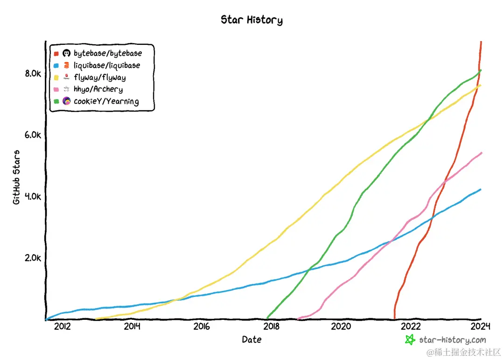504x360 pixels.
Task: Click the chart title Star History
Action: point(252,20)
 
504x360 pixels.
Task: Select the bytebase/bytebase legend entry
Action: point(107,53)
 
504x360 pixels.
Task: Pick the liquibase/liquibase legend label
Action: point(106,65)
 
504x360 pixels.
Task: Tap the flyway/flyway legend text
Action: point(99,78)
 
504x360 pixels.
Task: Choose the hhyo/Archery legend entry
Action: point(98,89)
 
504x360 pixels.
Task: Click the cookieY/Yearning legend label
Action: point(106,101)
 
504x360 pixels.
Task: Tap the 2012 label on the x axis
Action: point(62,326)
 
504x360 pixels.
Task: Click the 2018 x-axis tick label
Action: point(272,326)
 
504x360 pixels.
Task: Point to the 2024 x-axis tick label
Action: point(481,326)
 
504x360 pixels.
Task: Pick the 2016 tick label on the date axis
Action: point(202,326)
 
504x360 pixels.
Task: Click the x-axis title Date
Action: point(252,340)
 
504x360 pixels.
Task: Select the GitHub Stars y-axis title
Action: point(16,177)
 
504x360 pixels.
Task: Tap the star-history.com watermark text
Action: point(452,340)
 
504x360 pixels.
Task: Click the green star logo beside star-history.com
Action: point(410,340)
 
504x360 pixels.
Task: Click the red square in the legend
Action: point(56,53)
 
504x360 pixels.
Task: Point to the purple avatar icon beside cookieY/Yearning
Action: point(67,101)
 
